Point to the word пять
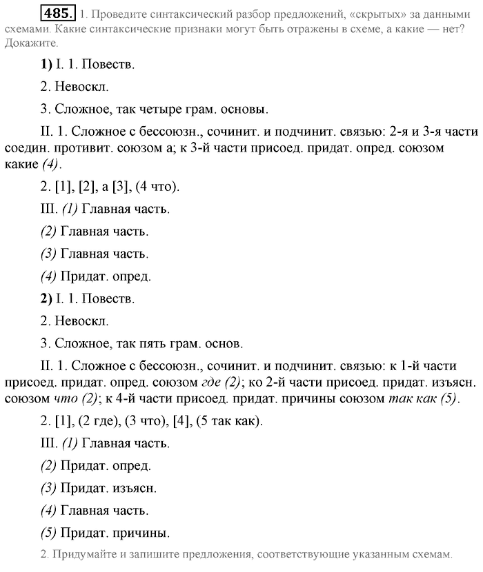(168, 342)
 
